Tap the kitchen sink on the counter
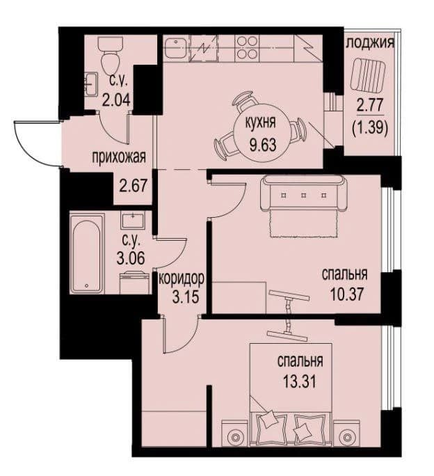tap(176, 48)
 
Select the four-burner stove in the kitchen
tap(247, 47)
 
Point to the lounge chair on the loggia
tap(368, 74)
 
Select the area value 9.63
tap(263, 145)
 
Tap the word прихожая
tap(119, 157)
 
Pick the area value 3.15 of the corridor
tap(186, 297)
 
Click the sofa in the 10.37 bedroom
tap(304, 193)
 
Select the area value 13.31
tap(300, 381)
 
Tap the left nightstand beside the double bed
tap(235, 433)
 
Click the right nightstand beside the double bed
tap(346, 433)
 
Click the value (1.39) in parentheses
tap(369, 127)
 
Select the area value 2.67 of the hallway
tap(134, 186)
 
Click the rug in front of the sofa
tap(303, 223)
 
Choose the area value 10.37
tap(347, 294)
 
